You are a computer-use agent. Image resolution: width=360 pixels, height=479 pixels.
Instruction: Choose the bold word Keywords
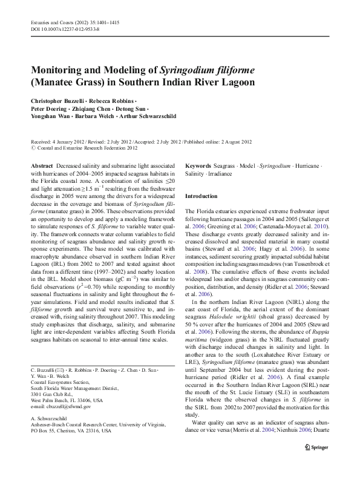click(197, 165)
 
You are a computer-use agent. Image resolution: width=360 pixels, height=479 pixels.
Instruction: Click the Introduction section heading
click(201, 196)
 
